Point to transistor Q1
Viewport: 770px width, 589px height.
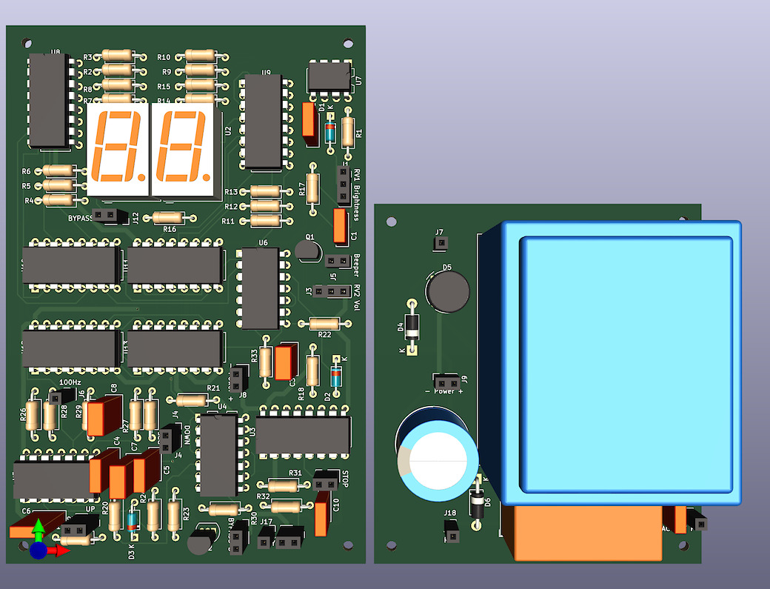point(306,249)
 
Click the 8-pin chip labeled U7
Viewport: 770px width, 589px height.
point(329,76)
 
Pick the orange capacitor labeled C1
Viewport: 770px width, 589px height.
point(340,226)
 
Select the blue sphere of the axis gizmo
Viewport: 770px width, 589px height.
point(38,550)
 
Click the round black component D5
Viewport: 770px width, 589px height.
point(447,291)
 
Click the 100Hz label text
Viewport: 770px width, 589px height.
point(70,382)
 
